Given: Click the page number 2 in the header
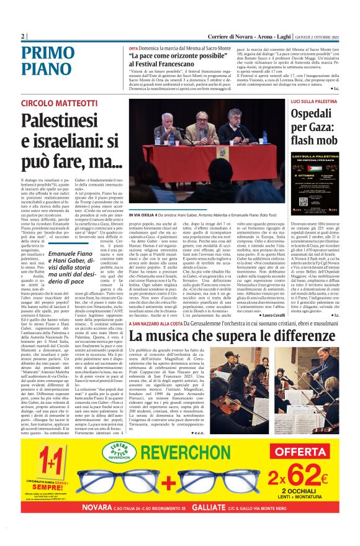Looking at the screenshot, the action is (24, 36).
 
